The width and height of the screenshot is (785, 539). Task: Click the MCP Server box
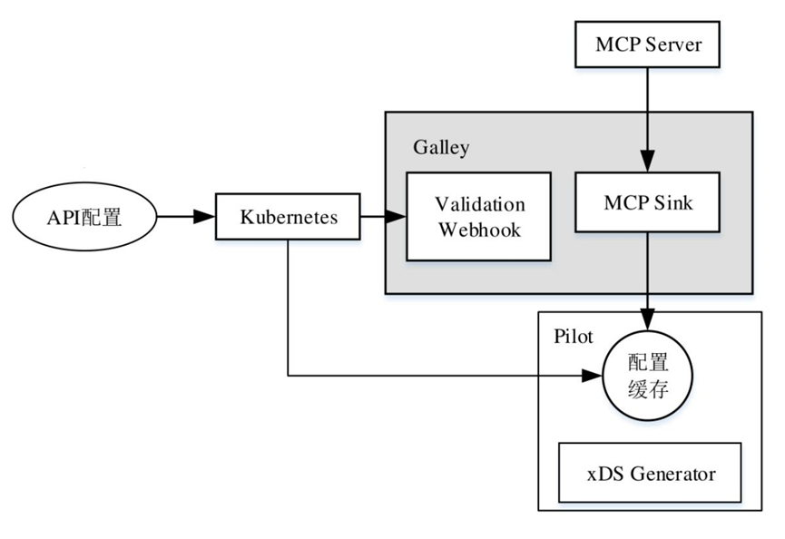tap(648, 44)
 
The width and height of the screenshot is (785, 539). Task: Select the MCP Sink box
tap(648, 203)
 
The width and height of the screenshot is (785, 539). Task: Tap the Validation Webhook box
tap(479, 216)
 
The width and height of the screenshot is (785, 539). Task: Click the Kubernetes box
tap(289, 217)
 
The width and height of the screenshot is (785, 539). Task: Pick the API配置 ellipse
tap(84, 217)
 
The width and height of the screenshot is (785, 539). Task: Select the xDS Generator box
tap(649, 473)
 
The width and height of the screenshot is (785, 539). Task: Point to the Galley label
tap(441, 147)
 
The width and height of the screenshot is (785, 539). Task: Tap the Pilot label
tap(573, 336)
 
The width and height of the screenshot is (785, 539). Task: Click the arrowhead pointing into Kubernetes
tap(207, 217)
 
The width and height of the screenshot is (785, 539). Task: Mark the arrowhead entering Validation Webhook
tap(397, 217)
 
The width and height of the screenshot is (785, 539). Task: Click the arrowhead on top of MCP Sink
tap(648, 163)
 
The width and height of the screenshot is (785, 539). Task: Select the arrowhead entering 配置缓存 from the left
tap(594, 375)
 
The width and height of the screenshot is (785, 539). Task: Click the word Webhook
tap(479, 229)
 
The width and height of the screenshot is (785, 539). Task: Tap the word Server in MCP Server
tap(672, 44)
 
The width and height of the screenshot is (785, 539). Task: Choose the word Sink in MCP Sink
tap(673, 203)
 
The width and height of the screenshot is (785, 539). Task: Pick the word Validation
tap(479, 203)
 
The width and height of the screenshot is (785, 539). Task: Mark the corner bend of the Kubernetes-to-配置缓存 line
tap(288, 375)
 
